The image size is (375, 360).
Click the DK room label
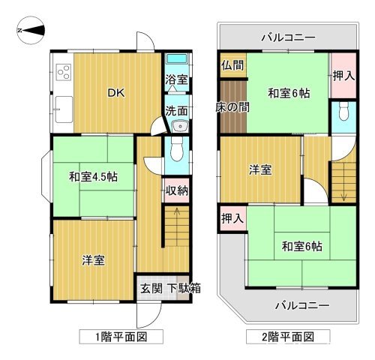[x=115, y=93]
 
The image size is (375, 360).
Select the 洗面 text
[x=176, y=109]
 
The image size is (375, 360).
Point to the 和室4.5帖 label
[x=93, y=177]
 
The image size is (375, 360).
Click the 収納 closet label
[x=177, y=190]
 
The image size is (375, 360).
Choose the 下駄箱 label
[x=183, y=288]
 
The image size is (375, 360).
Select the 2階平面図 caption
[x=286, y=337]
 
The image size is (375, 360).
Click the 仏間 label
[x=232, y=64]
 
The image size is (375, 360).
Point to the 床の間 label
[x=233, y=108]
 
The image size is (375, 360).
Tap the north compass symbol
[x=30, y=31]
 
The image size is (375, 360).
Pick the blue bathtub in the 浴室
[x=177, y=61]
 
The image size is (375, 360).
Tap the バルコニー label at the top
[x=288, y=37]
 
